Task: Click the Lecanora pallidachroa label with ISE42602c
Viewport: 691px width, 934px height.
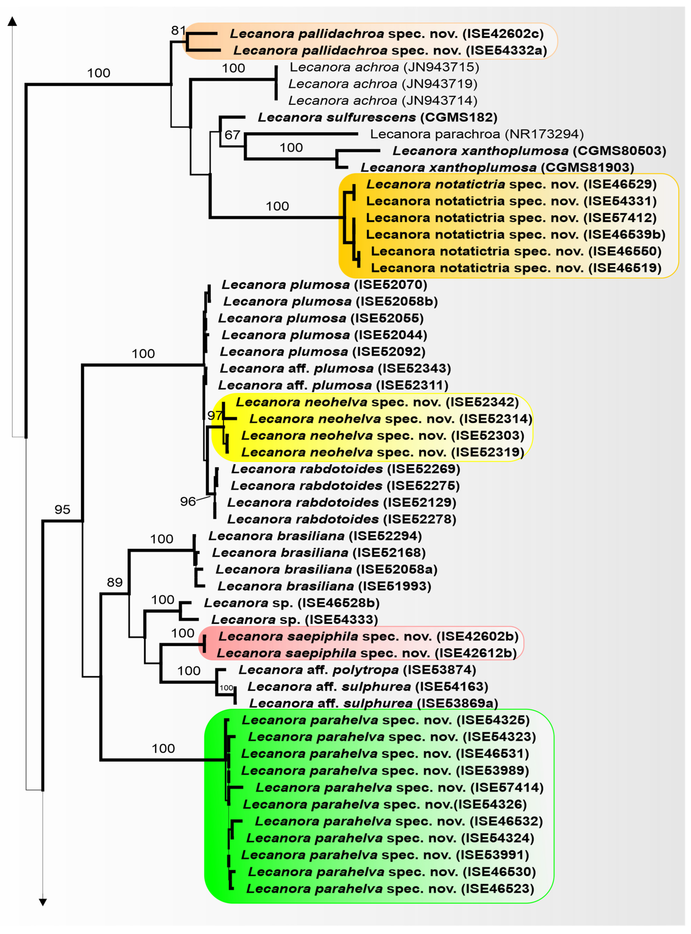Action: click(386, 34)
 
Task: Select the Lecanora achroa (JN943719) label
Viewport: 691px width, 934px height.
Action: click(383, 84)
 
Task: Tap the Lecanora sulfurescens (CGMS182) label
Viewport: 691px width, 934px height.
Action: click(377, 117)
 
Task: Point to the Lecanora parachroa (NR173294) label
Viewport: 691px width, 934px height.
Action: click(477, 134)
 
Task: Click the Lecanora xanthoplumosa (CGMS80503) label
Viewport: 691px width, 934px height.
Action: click(529, 151)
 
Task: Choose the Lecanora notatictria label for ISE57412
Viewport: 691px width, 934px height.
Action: click(511, 218)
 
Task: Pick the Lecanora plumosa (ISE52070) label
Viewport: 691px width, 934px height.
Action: click(324, 285)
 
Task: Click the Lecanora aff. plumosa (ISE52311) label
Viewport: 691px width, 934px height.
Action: click(333, 385)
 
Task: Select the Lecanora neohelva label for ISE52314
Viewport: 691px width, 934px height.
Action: click(391, 419)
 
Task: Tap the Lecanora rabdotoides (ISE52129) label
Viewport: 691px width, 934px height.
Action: click(341, 502)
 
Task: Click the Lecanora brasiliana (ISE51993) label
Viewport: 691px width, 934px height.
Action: click(324, 586)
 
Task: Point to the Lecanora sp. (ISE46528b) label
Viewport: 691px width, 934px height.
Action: click(291, 603)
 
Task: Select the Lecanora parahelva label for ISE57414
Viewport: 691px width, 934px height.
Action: click(400, 787)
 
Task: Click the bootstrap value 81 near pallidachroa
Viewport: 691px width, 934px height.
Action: click(178, 30)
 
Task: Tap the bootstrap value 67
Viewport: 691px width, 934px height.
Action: click(232, 135)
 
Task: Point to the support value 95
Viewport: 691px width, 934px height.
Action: click(62, 509)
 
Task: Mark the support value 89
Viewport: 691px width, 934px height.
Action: click(115, 582)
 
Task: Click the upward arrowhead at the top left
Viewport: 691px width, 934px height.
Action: click(12, 21)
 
